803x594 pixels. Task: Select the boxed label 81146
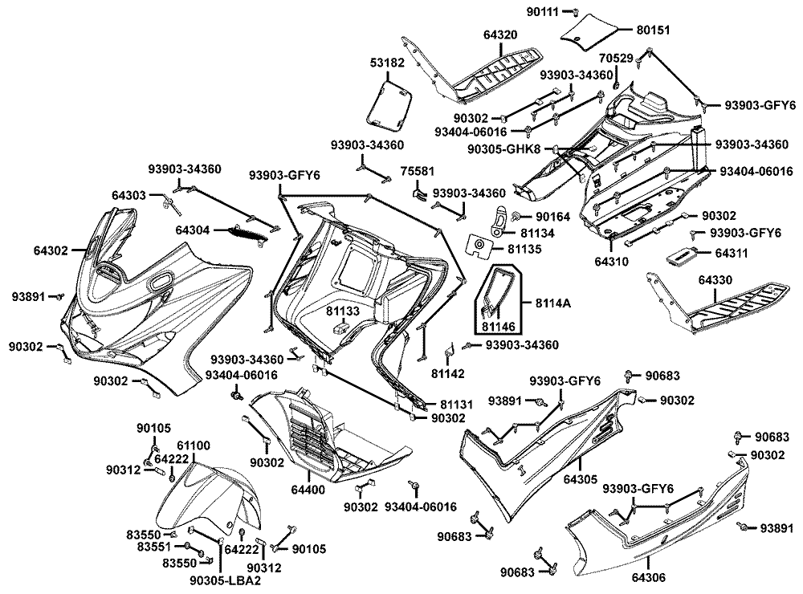pyautogui.click(x=500, y=326)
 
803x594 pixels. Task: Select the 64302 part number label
pyautogui.click(x=50, y=250)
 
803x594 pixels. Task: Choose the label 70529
pyautogui.click(x=616, y=59)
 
